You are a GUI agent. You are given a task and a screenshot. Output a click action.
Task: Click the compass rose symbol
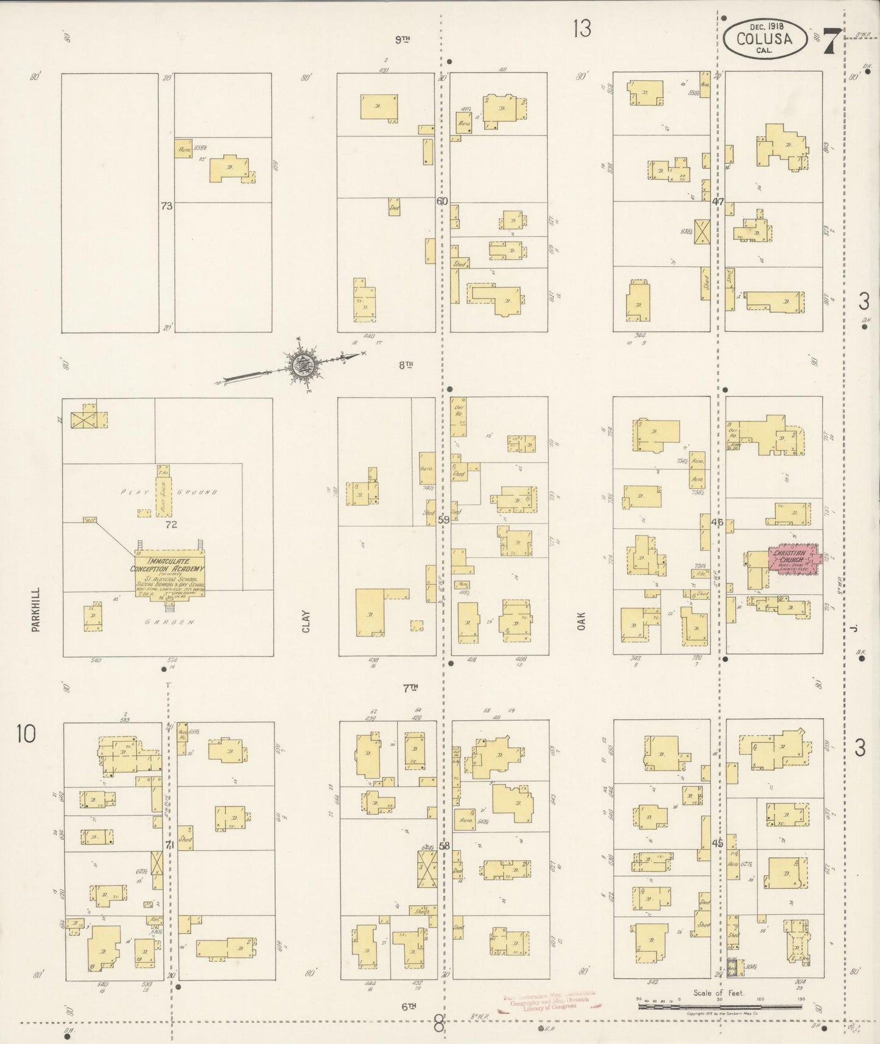(x=302, y=366)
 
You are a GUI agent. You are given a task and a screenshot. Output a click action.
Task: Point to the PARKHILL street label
(x=35, y=610)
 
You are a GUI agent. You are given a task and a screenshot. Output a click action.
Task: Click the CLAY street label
(x=306, y=621)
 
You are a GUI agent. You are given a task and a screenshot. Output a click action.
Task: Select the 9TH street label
(x=402, y=40)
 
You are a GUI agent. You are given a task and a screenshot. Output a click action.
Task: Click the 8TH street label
(x=406, y=365)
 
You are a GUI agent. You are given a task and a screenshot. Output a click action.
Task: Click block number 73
(x=166, y=206)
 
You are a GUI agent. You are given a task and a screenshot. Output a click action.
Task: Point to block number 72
(x=171, y=524)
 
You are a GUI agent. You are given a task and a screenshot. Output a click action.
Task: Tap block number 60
(x=442, y=201)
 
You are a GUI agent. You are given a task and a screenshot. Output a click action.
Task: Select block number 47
(x=718, y=202)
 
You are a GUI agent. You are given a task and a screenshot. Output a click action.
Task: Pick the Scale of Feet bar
(x=719, y=1007)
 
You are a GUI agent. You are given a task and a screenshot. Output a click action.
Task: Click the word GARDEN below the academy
(x=171, y=623)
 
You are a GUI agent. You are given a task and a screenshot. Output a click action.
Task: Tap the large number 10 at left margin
(x=27, y=734)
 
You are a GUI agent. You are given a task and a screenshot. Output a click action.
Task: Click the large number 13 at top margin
(x=582, y=28)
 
